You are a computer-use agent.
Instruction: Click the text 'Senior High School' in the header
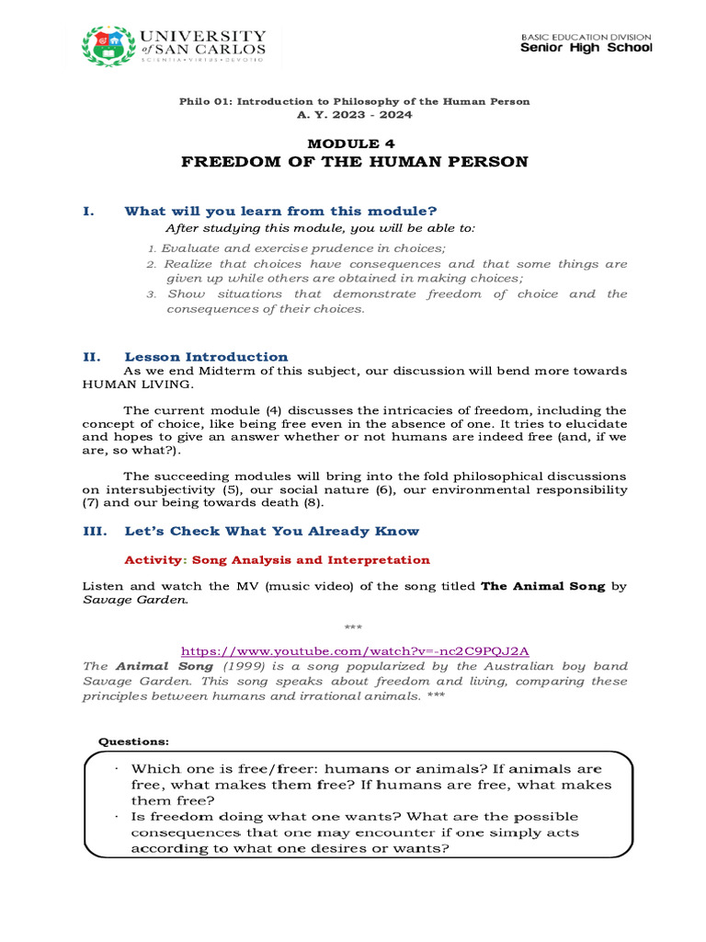[x=586, y=48]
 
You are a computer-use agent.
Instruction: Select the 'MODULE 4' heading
[x=354, y=144]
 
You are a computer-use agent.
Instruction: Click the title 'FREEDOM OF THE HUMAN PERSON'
[x=354, y=162]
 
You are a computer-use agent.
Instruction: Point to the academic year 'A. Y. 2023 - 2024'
[x=354, y=115]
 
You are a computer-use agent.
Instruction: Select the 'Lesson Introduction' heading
[x=206, y=357]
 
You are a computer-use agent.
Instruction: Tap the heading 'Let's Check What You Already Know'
[x=271, y=531]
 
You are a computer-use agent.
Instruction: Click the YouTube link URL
[x=354, y=649]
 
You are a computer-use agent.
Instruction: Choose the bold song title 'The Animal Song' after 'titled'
[x=543, y=586]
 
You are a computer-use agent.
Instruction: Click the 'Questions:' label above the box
[x=133, y=741]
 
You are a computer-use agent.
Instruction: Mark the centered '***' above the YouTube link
[x=354, y=627]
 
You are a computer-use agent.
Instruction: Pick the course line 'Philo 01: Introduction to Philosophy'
[x=354, y=101]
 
